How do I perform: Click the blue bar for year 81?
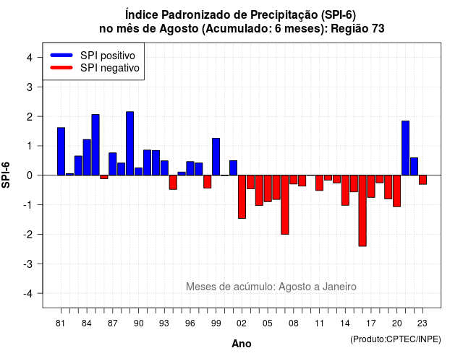[61, 152]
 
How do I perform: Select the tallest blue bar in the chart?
[130, 144]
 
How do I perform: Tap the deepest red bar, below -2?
[362, 211]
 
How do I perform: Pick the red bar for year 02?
[242, 197]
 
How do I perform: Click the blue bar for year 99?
[216, 157]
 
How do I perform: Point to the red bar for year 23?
[422, 180]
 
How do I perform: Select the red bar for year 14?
[345, 191]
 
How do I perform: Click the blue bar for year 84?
[87, 157]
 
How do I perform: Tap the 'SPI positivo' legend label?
[108, 56]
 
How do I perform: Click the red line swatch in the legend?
[61, 68]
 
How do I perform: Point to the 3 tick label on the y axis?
[30, 87]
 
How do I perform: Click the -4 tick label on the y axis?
[28, 294]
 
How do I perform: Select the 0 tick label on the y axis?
[30, 175]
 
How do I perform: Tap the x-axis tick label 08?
[294, 323]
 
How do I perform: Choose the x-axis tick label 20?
[397, 323]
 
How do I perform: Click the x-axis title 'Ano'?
[242, 344]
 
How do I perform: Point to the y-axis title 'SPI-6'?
[6, 175]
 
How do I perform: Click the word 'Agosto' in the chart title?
[179, 29]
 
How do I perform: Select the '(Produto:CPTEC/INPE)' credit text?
[396, 339]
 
